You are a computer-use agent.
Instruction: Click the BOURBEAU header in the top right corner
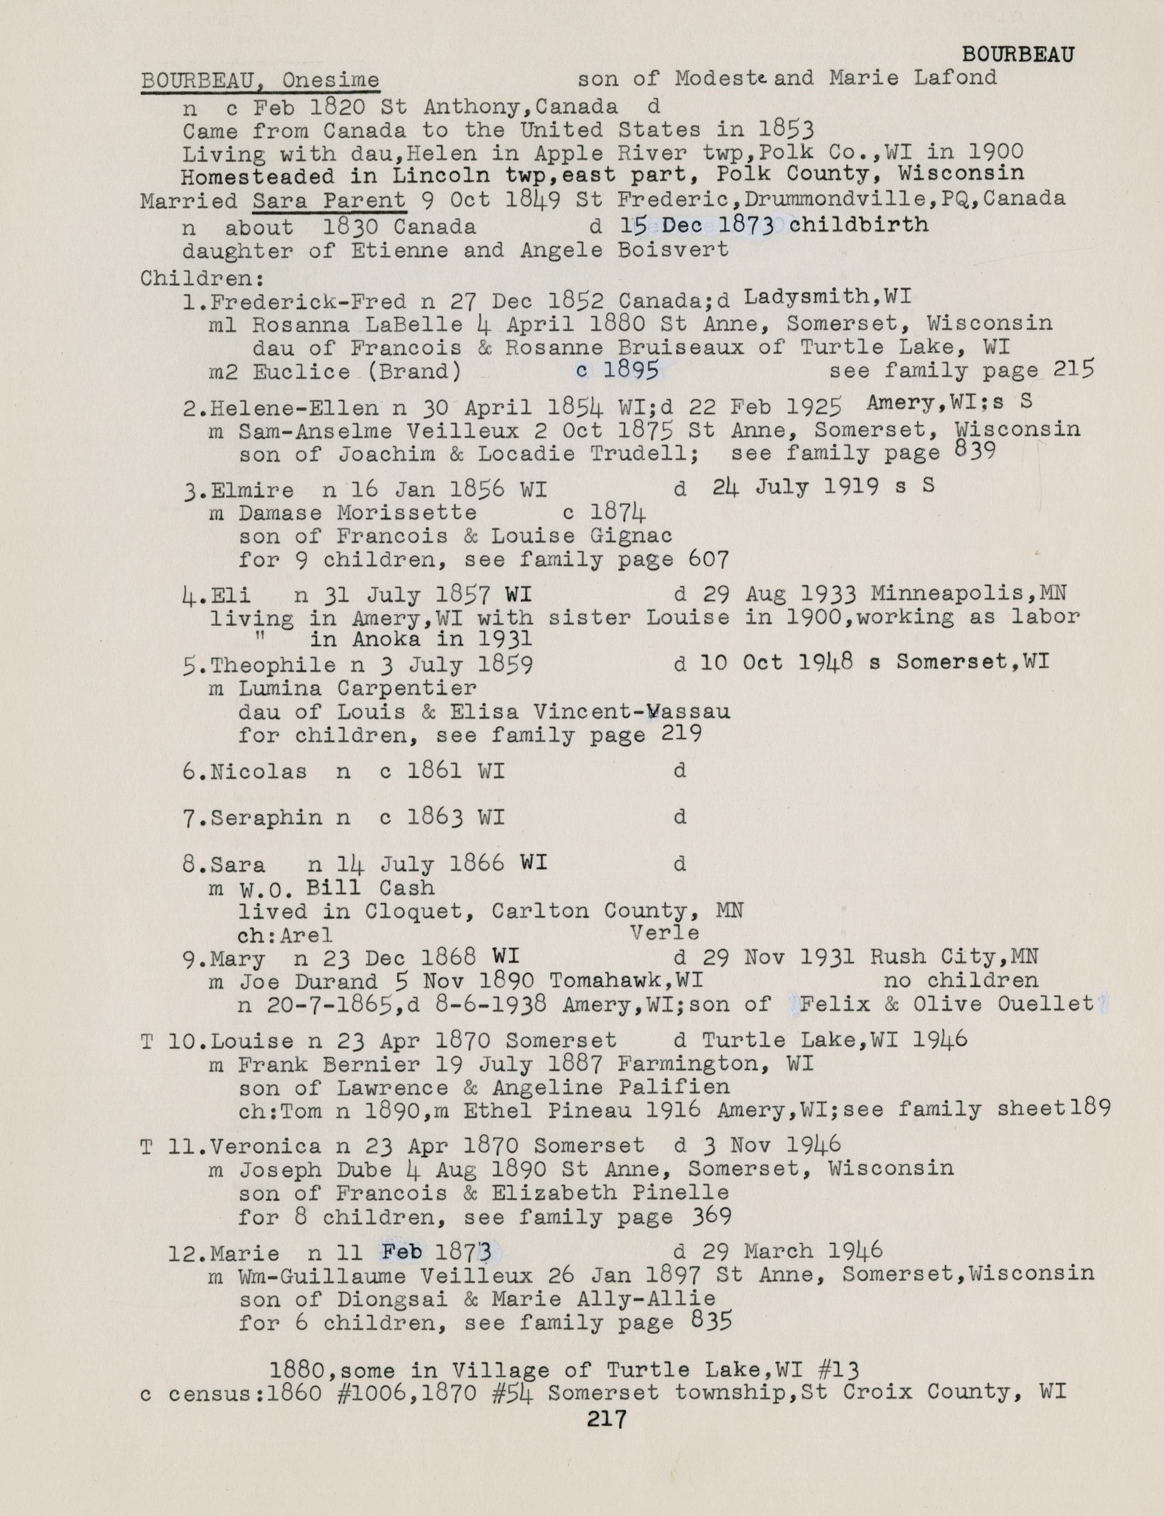pyautogui.click(x=1018, y=56)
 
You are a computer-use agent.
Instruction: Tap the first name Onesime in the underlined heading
pyautogui.click(x=330, y=80)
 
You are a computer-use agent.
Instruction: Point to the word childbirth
pyautogui.click(x=859, y=225)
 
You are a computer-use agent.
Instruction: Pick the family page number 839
pyautogui.click(x=975, y=451)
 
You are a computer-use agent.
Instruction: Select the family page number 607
pyautogui.click(x=710, y=559)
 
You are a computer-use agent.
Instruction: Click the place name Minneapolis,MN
pyautogui.click(x=968, y=593)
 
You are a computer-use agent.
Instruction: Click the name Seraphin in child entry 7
pyautogui.click(x=266, y=818)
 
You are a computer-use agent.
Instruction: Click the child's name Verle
pyautogui.click(x=664, y=933)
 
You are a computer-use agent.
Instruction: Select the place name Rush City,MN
pyautogui.click(x=953, y=957)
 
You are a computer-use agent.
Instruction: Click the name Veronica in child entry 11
pyautogui.click(x=266, y=1146)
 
